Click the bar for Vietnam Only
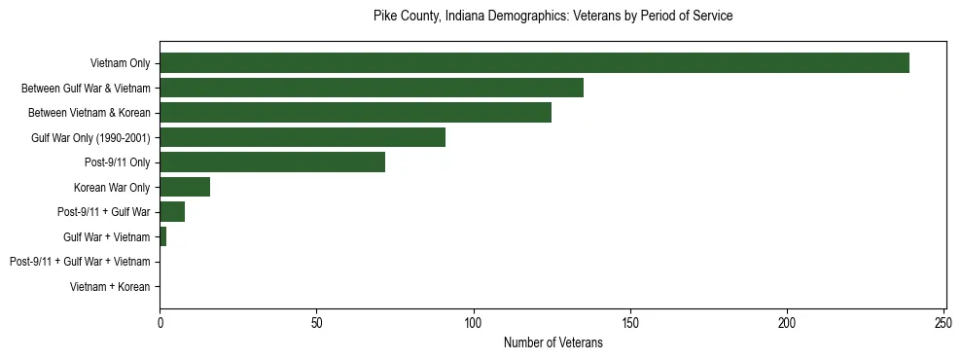pos(534,63)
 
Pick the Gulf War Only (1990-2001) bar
pos(303,137)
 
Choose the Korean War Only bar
pos(185,187)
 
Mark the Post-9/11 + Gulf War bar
pos(172,212)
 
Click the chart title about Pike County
pos(552,17)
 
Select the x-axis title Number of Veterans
pos(552,343)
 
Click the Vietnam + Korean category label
pos(110,287)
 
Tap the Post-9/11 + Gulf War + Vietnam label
pos(80,262)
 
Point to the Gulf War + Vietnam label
pos(106,237)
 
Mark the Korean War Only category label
pos(112,188)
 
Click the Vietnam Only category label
pos(120,64)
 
